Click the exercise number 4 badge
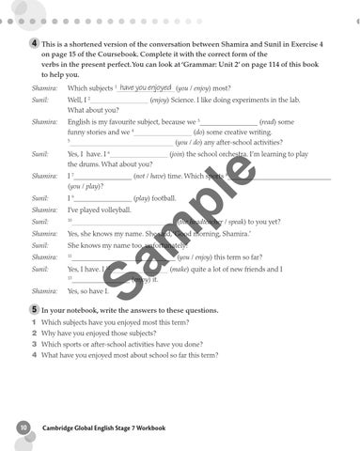[34, 44]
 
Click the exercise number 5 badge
[34, 308]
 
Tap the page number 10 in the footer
[22, 428]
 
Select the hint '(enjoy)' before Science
[159, 99]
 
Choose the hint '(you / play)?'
[86, 186]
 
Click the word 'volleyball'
[110, 210]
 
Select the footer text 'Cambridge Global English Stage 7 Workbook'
[104, 428]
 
